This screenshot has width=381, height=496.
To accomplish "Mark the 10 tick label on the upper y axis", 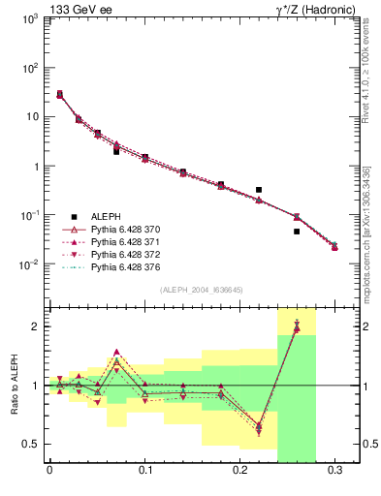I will (29, 117).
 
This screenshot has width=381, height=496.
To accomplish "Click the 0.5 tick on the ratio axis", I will (30, 444).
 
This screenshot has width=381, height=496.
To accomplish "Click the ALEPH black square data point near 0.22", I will (259, 190).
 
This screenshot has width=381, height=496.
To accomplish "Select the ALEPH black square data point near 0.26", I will (297, 232).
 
